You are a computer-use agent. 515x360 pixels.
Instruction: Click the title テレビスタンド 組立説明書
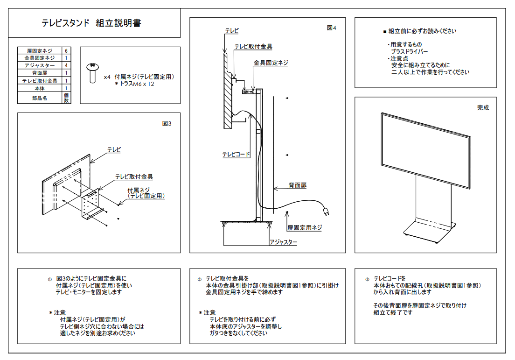(91, 23)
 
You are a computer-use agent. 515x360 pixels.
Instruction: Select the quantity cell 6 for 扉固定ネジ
(67, 50)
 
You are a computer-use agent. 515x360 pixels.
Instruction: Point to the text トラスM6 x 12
(137, 84)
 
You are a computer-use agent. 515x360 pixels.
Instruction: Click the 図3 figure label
(167, 124)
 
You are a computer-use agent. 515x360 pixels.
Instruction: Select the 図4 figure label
(331, 28)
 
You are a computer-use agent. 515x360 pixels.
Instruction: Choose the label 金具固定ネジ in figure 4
(271, 62)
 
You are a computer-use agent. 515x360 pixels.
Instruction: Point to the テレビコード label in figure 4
(236, 154)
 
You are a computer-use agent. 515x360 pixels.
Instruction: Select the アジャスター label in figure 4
(284, 242)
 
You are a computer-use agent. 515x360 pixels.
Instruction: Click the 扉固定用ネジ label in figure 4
(305, 228)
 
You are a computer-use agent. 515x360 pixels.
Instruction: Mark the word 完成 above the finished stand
(483, 107)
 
